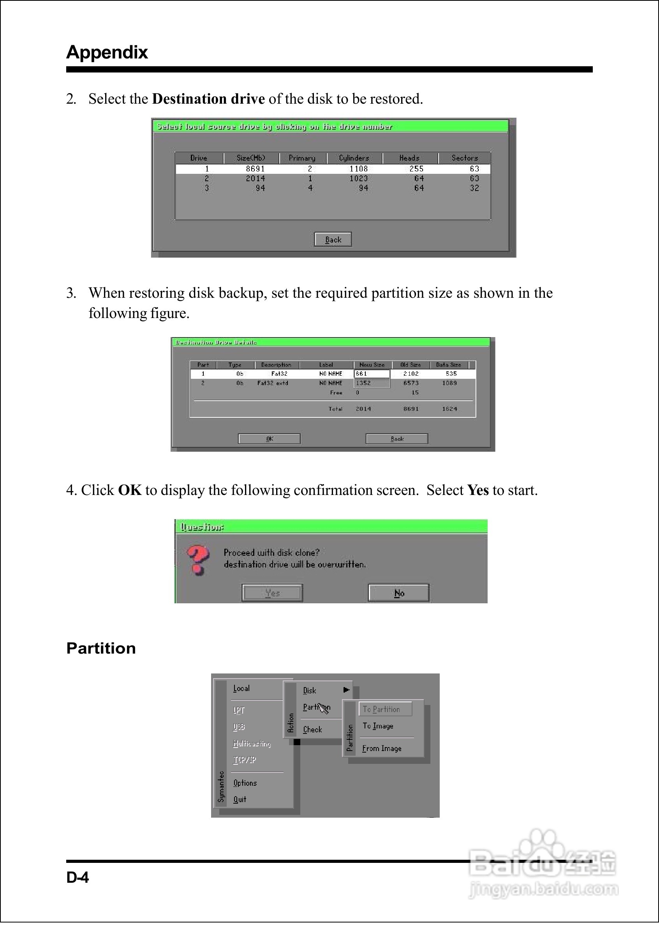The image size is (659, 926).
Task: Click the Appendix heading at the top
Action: coord(107,52)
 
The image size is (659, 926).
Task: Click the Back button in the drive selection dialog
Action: coord(333,240)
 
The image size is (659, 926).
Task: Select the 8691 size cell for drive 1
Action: coord(255,169)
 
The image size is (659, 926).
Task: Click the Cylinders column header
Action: coord(354,158)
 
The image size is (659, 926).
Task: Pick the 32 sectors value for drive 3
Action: coord(474,188)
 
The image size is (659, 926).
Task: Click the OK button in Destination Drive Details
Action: coord(270,439)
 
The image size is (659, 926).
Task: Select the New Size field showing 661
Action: coord(371,374)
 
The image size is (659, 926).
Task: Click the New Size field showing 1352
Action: coord(371,383)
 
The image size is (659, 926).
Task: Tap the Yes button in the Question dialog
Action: coord(272,593)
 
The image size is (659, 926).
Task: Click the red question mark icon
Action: coord(197,560)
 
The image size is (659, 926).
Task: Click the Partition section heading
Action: coord(101,649)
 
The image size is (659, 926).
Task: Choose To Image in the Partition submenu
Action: coord(378,726)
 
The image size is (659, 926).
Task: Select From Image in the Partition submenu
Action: coord(381,748)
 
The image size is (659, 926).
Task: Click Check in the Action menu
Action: coord(312,730)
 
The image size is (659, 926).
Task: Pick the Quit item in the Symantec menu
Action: coord(240,799)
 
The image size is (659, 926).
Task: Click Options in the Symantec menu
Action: coord(245,783)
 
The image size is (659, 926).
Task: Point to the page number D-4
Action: coord(78,877)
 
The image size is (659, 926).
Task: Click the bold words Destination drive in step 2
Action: coord(208,99)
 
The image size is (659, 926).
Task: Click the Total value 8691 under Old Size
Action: coord(411,409)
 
